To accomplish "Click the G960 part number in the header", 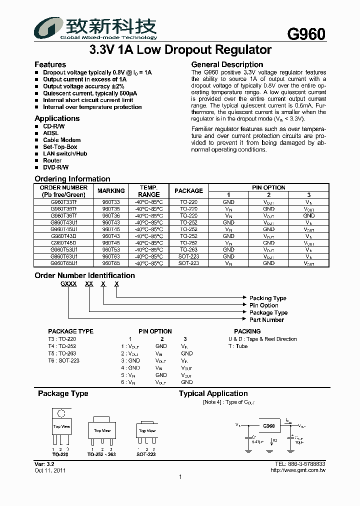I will pyautogui.click(x=306, y=33).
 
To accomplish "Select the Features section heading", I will pyautogui.click(x=50, y=64).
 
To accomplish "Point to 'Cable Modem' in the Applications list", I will pyautogui.click(x=61, y=140).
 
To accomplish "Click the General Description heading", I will pyautogui.click(x=227, y=64).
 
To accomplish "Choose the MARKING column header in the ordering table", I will pyautogui.click(x=111, y=191).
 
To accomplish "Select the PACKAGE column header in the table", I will pyautogui.click(x=188, y=191).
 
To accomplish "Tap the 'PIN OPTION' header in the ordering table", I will pyautogui.click(x=268, y=187).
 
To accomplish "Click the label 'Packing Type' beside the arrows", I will pyautogui.click(x=267, y=298).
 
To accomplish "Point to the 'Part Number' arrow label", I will pyautogui.click(x=266, y=320).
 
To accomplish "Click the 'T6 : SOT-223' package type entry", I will pyautogui.click(x=64, y=360).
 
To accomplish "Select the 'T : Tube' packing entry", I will pyautogui.click(x=238, y=346).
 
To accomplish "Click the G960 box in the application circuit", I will pyautogui.click(x=268, y=426).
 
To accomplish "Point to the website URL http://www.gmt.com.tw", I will pyautogui.click(x=297, y=470).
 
